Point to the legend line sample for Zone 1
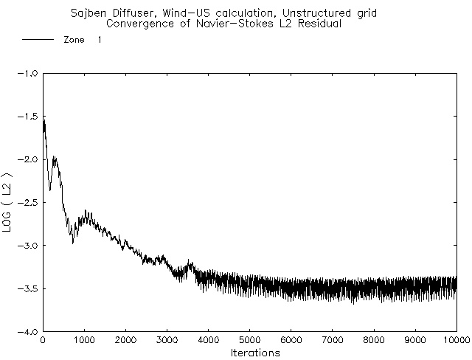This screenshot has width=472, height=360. (x=38, y=40)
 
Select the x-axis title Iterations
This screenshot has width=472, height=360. (x=250, y=353)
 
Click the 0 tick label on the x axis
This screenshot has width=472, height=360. (x=43, y=341)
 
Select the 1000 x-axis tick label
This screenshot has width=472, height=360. (x=84, y=341)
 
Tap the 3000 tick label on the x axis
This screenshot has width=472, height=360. (x=167, y=341)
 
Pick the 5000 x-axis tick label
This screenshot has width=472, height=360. (x=250, y=341)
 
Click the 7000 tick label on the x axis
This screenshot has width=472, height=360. (x=333, y=341)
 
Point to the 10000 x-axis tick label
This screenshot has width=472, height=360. (x=456, y=341)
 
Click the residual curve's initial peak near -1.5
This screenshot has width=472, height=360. (x=44, y=120)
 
